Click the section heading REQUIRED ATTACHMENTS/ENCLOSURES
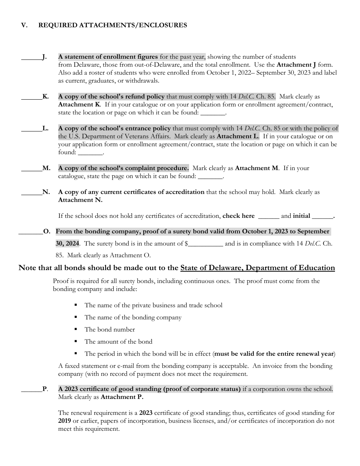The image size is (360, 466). (113, 25)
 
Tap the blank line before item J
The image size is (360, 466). (31, 58)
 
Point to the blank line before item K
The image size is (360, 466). (31, 97)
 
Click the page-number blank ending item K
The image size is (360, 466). (213, 113)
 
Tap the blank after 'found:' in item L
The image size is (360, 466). (90, 153)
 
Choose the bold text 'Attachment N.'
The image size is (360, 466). (80, 200)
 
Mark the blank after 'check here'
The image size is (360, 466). (268, 216)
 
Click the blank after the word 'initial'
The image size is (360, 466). (322, 216)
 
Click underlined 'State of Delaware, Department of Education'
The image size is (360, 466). (257, 268)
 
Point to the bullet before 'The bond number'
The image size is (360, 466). (76, 330)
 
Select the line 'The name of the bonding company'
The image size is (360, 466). (133, 317)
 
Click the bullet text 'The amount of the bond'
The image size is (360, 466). (118, 342)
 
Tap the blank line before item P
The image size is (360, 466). (31, 389)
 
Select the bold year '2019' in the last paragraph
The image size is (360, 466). (64, 421)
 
